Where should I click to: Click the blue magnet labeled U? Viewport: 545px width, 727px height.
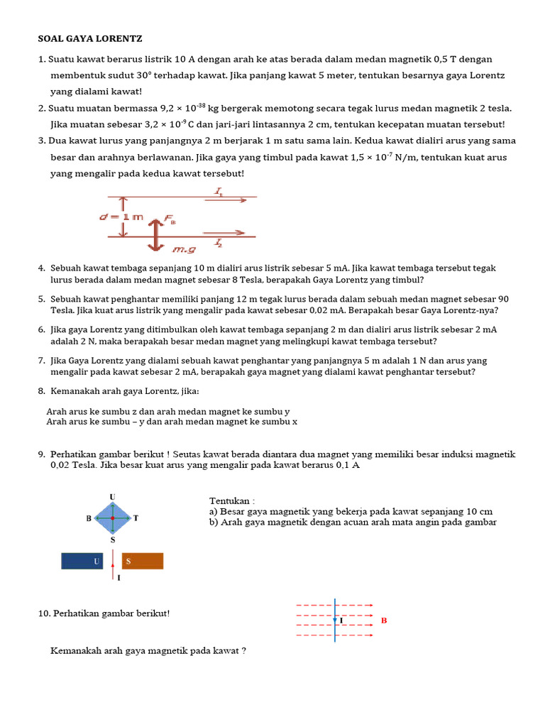point(82,562)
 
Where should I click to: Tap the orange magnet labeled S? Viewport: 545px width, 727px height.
point(143,562)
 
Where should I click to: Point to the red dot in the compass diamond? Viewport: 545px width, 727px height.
point(112,518)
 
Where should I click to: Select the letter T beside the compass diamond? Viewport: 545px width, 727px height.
point(135,518)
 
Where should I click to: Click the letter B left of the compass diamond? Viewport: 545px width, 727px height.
point(89,518)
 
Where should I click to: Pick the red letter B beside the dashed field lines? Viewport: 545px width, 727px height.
point(384,620)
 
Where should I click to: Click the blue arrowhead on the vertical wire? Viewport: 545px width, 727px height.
point(335,620)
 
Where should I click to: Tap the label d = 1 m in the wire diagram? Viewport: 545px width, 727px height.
point(121,217)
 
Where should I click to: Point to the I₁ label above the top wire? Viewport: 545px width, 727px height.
point(219,191)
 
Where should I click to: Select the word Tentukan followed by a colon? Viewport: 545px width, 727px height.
point(231,501)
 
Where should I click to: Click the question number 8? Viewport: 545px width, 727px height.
point(42,392)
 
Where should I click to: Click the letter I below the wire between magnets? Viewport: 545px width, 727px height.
point(119,578)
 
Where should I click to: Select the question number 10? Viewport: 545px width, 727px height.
point(43,613)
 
